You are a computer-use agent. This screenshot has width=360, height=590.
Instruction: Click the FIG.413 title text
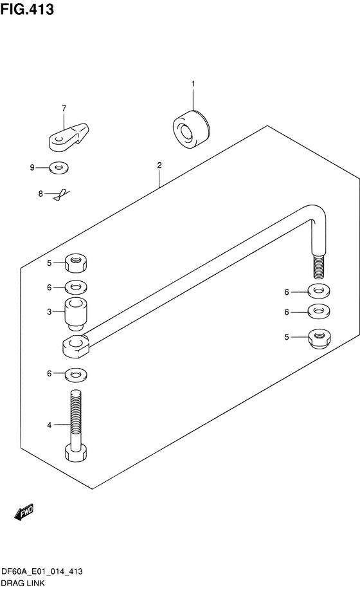pos(27,9)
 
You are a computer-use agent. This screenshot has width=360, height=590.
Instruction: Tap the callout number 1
pos(193,84)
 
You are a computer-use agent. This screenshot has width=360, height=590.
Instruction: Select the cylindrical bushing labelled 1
pos(192,129)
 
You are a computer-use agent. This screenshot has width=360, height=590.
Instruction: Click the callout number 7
pos(64,108)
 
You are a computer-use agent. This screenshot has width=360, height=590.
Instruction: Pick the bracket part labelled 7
pos(69,136)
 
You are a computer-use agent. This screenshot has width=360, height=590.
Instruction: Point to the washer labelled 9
pos(59,167)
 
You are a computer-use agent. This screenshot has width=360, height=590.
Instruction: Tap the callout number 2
pos(159,165)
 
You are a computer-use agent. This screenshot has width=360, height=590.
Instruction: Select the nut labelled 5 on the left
pos(76,263)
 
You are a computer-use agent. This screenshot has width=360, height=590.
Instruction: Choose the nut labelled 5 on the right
pos(319,338)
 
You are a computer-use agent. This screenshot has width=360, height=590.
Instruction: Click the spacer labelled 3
pos(76,313)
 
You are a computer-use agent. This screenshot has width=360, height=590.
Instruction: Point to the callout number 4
pos(50,425)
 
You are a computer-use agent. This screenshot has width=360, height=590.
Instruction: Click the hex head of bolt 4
pos(76,453)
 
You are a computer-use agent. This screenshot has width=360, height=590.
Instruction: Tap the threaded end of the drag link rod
pos(319,266)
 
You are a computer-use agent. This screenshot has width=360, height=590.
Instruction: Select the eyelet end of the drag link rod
pos(76,346)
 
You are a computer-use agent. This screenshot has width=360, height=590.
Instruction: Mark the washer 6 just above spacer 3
pos(76,287)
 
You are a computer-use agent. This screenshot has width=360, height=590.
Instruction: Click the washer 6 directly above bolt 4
pos(76,374)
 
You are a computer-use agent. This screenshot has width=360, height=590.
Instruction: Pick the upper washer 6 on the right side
pos(319,290)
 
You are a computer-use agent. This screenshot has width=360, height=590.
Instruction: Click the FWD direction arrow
pos(24,512)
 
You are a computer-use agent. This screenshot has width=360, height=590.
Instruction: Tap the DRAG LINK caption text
pos(22,583)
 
